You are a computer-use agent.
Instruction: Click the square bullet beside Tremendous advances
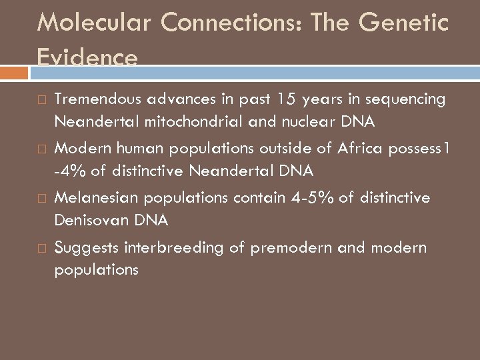click(41, 99)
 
